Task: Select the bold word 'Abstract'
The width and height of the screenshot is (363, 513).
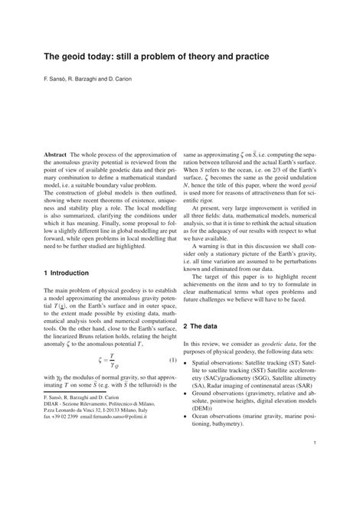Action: (56, 154)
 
